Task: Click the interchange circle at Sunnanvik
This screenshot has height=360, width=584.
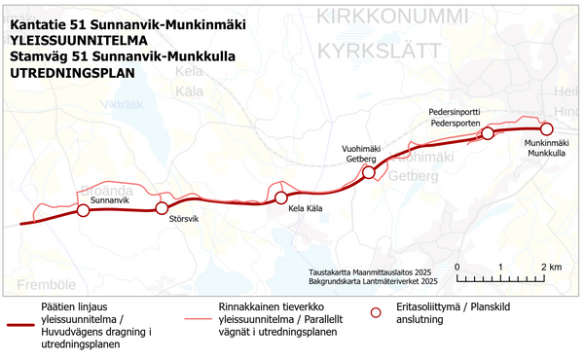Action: click(x=83, y=210)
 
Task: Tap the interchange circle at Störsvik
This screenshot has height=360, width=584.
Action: click(x=163, y=208)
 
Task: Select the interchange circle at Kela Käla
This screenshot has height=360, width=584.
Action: click(x=281, y=198)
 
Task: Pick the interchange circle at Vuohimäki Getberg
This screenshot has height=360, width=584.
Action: click(x=369, y=173)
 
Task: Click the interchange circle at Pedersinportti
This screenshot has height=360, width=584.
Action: click(x=490, y=134)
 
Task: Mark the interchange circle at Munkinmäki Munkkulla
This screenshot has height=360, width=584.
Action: click(x=546, y=128)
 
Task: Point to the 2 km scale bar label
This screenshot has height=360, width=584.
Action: click(x=551, y=267)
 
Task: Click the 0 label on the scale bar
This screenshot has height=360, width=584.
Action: click(x=457, y=267)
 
